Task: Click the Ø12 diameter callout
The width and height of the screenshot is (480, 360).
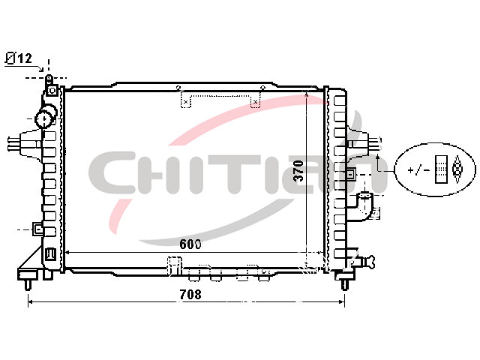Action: point(19,58)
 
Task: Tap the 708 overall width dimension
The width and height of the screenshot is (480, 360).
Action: point(190,295)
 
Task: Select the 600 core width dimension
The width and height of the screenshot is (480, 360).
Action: point(190,244)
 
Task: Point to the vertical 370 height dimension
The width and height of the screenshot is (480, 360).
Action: point(298,170)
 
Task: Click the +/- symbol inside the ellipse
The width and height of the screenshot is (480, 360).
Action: point(418,169)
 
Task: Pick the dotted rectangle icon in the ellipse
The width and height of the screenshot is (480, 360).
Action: point(441,169)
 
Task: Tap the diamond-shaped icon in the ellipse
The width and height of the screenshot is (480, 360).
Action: point(457,169)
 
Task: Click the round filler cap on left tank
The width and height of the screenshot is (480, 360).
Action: point(45,117)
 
